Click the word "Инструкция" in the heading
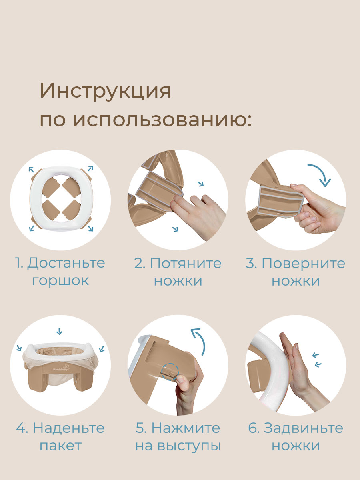105,92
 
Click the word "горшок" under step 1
60,280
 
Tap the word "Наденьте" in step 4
69,428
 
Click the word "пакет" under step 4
60,445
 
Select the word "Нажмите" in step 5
186,428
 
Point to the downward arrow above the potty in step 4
60,331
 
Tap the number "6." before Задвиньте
254,428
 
